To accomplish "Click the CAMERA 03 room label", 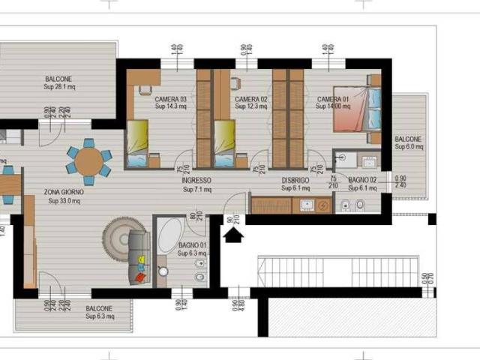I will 170,103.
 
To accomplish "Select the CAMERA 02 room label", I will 250,103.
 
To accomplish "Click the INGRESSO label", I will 196,185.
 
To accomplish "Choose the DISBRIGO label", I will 295,185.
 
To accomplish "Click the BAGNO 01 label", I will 193,250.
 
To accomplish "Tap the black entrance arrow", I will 234,235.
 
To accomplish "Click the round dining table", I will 88,160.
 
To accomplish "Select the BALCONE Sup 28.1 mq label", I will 58,83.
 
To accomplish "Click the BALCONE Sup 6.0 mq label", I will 408,142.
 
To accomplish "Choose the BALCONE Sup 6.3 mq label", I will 99,313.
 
